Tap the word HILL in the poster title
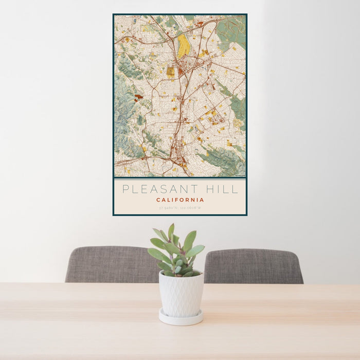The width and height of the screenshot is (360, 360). [x=222, y=189]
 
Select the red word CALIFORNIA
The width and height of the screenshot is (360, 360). [x=180, y=200]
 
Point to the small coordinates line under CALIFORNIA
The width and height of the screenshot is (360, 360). [x=180, y=208]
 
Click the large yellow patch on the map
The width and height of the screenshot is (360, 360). [x=184, y=46]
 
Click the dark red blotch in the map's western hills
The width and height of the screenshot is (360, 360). [x=138, y=96]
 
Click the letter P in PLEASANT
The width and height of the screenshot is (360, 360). [x=125, y=189]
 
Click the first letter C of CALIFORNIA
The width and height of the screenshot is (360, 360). [x=158, y=200]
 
